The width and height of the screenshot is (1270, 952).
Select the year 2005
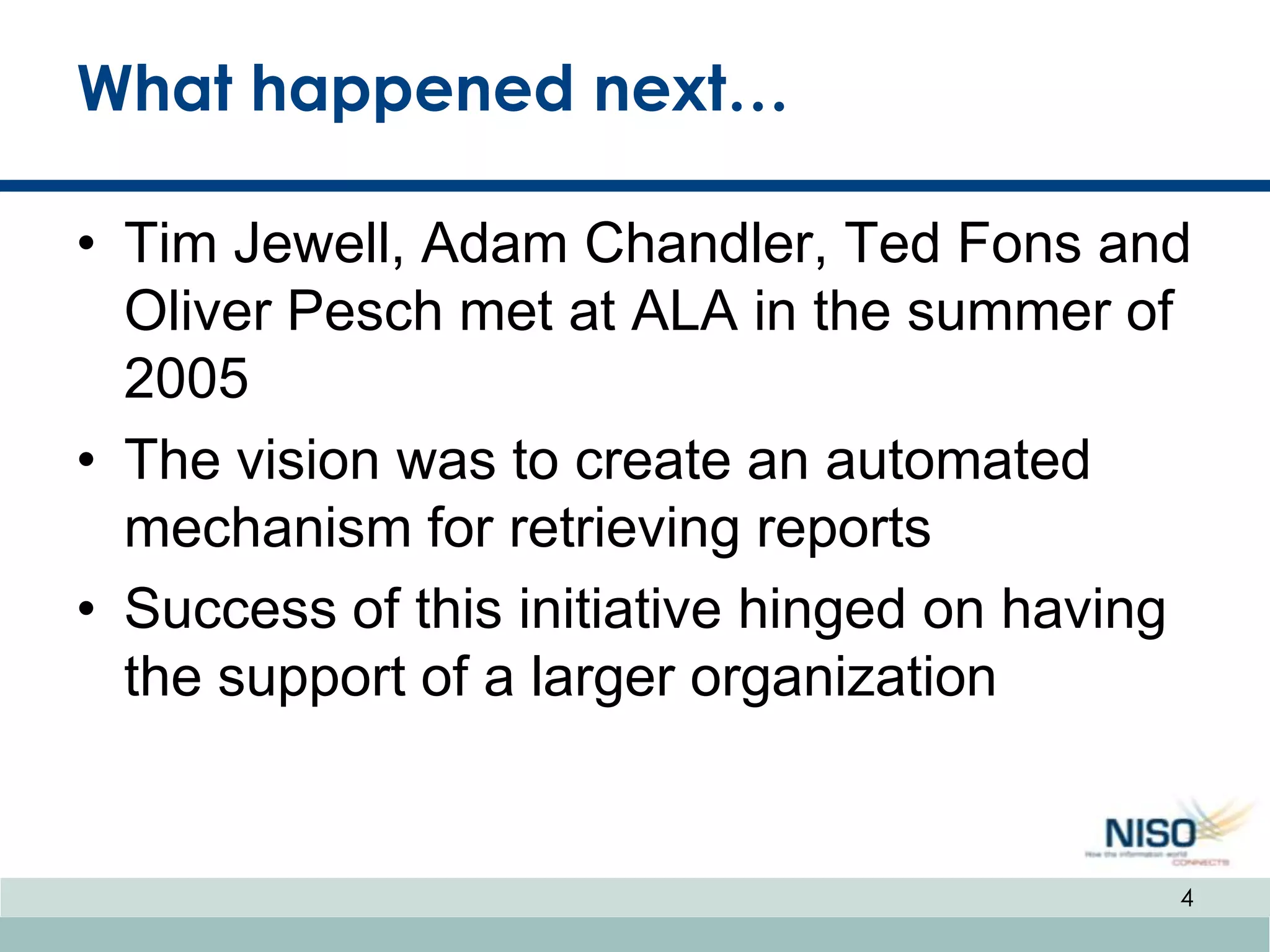pyautogui.click(x=186, y=378)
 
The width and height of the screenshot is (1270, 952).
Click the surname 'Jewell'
pyautogui.click(x=319, y=244)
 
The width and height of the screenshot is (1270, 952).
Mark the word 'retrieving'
pyautogui.click(x=624, y=528)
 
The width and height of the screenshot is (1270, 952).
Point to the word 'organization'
pyautogui.click(x=843, y=677)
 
